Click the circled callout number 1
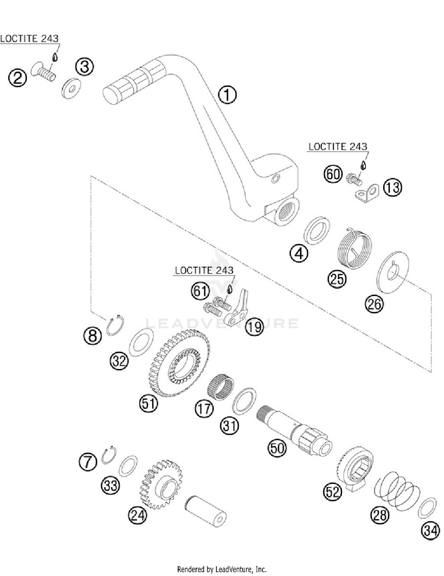pos(227,95)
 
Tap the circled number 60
pos(333,174)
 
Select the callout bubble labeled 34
pos(430,530)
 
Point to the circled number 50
pos(277,448)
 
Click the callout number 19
pos(255,327)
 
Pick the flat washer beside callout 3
pos(71,88)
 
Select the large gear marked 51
pos(179,364)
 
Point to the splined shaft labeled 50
pos(294,430)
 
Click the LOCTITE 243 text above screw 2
pos(29,39)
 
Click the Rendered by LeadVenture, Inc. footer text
pos(222,569)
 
